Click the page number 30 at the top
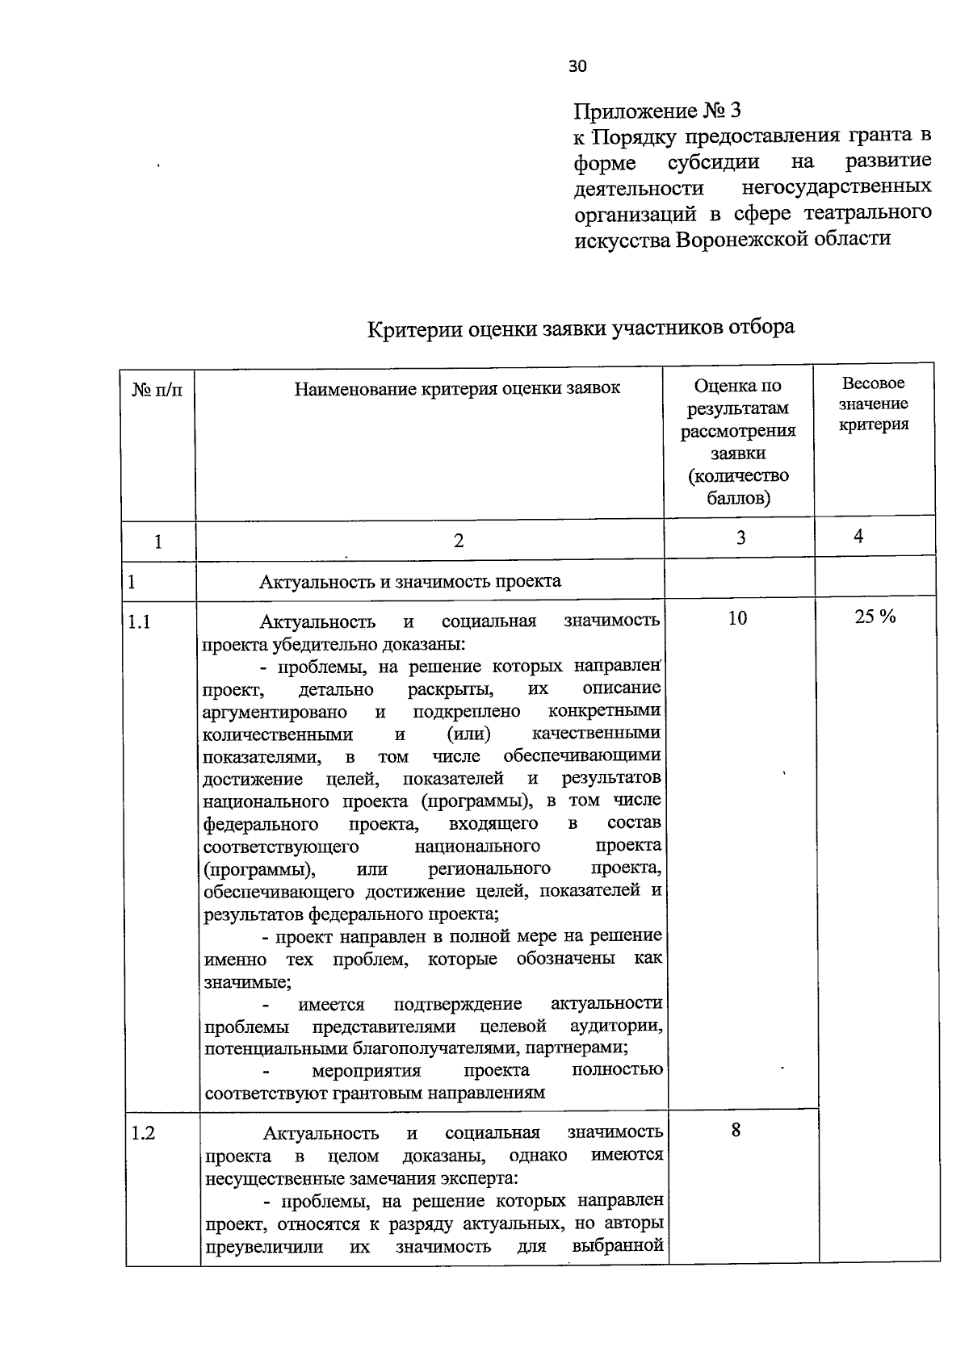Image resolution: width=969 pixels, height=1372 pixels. tap(577, 67)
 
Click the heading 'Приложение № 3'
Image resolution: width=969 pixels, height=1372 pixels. tap(656, 111)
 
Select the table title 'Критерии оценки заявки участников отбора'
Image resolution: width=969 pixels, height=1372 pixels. tap(581, 328)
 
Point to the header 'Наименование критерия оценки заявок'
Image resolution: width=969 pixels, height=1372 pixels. tap(457, 388)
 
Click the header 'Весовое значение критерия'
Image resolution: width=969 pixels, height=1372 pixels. tap(873, 404)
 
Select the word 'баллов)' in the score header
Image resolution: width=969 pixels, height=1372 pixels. tap(738, 498)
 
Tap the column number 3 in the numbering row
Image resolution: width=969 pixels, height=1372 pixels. tap(740, 538)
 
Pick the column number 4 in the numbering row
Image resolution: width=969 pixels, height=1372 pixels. tap(858, 536)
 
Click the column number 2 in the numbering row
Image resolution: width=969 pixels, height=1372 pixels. tap(458, 541)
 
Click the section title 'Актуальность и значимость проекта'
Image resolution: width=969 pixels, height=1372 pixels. tap(409, 581)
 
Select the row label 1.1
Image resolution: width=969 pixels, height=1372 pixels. tap(140, 621)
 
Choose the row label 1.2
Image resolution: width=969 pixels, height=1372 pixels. tap(143, 1133)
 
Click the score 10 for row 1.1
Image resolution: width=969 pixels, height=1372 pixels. tap(737, 618)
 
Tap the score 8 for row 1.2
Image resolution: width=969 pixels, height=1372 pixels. tap(736, 1130)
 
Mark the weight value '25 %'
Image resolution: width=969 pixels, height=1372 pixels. tap(875, 617)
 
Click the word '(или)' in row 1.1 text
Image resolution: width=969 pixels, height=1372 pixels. tap(469, 734)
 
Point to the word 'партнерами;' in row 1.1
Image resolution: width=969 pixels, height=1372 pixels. tap(581, 1048)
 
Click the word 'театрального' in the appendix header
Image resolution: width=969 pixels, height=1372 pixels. tap(867, 212)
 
